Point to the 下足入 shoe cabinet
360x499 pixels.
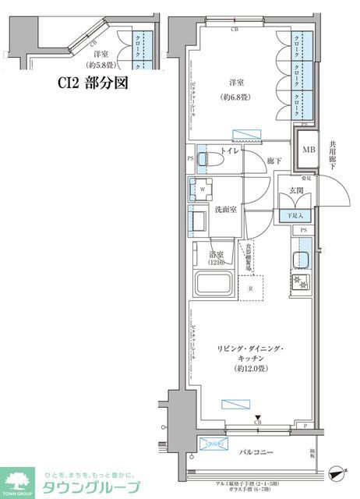pos(296,215)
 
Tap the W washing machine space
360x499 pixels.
pos(203,189)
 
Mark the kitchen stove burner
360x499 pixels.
pos(300,282)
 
